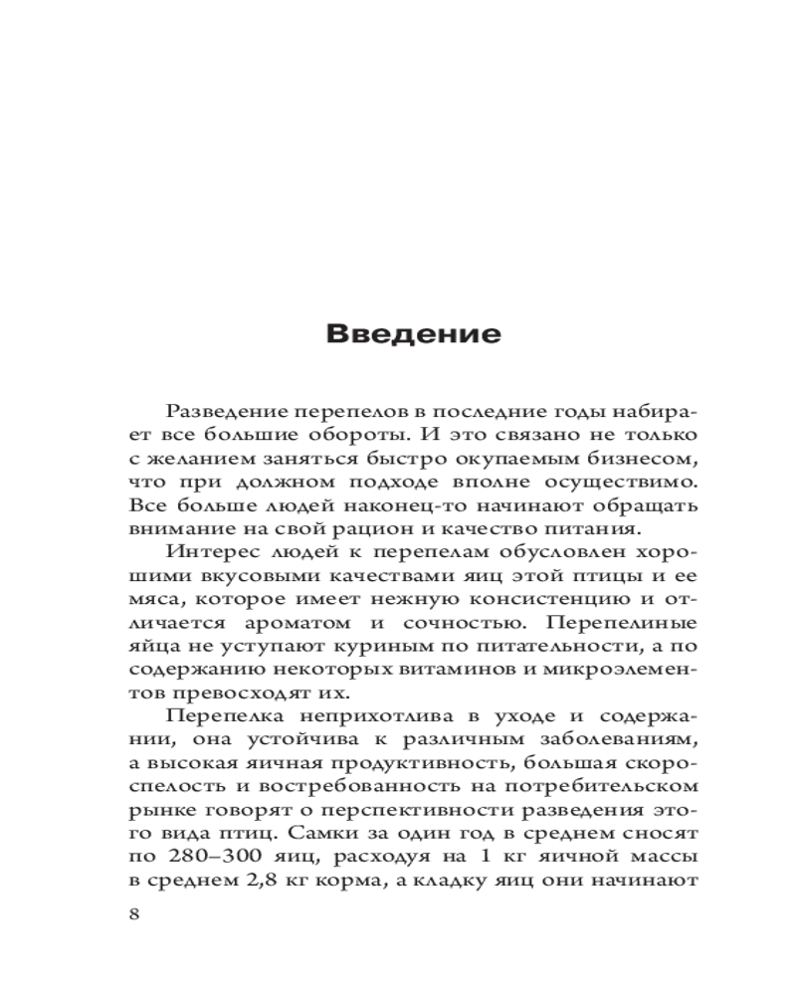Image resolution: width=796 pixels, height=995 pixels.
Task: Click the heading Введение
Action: (413, 333)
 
